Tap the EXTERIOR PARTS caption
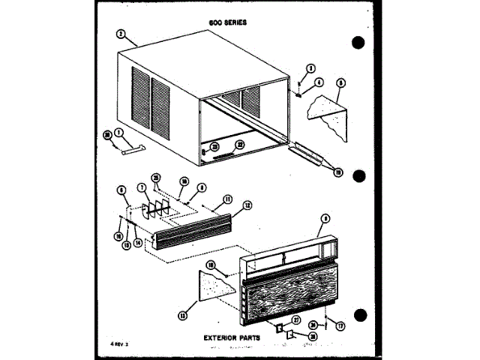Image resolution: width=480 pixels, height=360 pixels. click(x=231, y=338)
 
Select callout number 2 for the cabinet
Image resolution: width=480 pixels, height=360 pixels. click(x=121, y=34)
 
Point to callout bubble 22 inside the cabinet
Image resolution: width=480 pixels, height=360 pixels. click(x=241, y=145)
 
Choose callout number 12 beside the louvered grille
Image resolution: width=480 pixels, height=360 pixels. click(x=248, y=205)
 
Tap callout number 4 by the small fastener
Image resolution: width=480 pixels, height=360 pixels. click(x=318, y=82)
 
